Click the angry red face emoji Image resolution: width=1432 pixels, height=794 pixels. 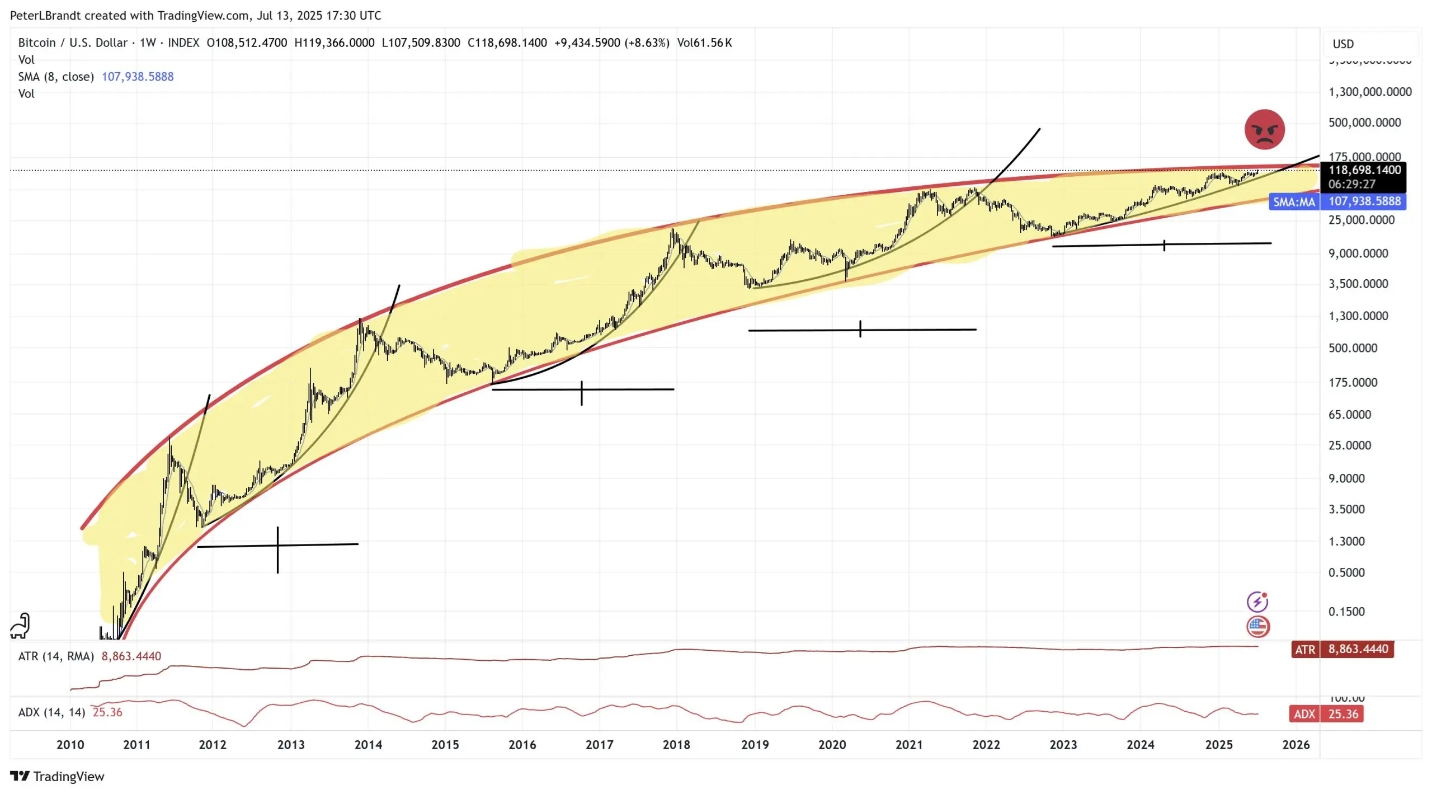click(x=1264, y=129)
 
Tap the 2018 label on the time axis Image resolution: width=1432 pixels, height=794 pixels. click(x=676, y=745)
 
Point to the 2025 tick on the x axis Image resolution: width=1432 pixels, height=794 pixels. click(x=1218, y=745)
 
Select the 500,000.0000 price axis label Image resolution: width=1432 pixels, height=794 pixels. click(x=1364, y=123)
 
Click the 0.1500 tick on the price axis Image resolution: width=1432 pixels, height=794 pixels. click(x=1346, y=612)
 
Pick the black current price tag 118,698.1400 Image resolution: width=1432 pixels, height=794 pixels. click(x=1364, y=170)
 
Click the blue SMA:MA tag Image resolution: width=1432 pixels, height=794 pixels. click(x=1294, y=201)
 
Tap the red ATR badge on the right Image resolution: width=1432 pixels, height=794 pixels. click(x=1305, y=650)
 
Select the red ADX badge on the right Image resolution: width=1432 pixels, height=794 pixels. click(x=1304, y=714)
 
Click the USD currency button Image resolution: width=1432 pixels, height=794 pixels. click(x=1343, y=44)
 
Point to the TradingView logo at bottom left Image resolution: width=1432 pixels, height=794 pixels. click(x=57, y=777)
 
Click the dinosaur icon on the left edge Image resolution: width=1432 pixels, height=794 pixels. click(x=20, y=626)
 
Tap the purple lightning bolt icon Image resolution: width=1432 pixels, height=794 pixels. click(x=1257, y=602)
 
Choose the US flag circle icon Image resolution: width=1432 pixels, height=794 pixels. click(x=1257, y=627)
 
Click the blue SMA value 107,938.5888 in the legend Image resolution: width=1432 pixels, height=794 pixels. click(x=138, y=77)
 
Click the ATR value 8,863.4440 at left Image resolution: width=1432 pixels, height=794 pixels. click(x=131, y=656)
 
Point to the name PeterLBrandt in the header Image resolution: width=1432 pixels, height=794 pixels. click(x=45, y=16)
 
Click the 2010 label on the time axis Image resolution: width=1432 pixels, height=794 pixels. click(x=70, y=745)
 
